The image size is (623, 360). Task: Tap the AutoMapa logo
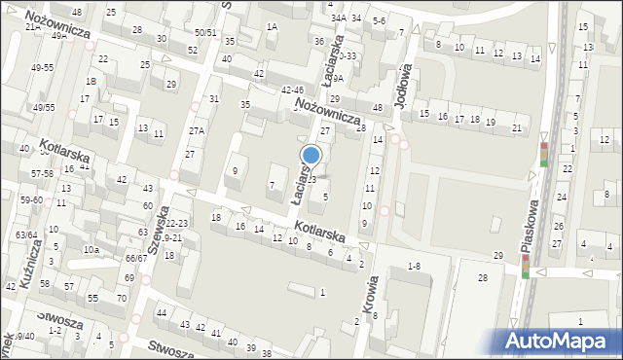pyautogui.click(x=559, y=341)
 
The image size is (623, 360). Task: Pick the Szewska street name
pyautogui.click(x=163, y=221)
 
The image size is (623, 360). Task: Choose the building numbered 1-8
pyautogui.click(x=414, y=266)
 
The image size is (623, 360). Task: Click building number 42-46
pyautogui.click(x=292, y=90)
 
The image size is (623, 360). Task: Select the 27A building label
pyautogui.click(x=198, y=130)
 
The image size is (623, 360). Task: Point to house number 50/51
pyautogui.click(x=205, y=32)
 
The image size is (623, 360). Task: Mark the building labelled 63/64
pyautogui.click(x=25, y=234)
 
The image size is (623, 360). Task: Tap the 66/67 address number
pyautogui.click(x=135, y=258)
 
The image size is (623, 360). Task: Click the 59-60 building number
pyautogui.click(x=30, y=200)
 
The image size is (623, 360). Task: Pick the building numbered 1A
pyautogui.click(x=272, y=27)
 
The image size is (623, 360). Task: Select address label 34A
pyautogui.click(x=338, y=18)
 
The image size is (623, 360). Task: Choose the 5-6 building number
pyautogui.click(x=380, y=20)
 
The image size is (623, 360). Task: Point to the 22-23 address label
pyautogui.click(x=176, y=223)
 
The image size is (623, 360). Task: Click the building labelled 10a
pyautogui.click(x=91, y=250)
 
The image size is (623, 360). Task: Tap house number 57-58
pyautogui.click(x=40, y=173)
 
